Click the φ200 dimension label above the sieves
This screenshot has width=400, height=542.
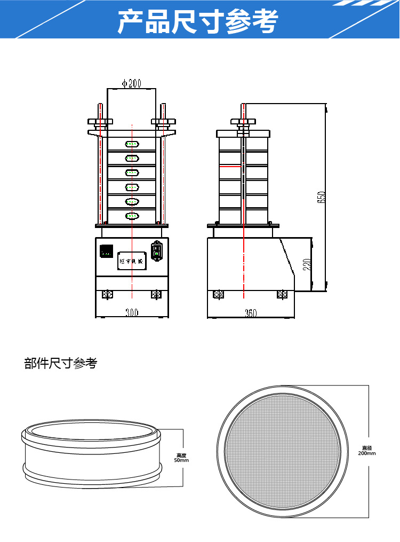(131, 83)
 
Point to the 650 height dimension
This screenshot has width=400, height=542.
(321, 197)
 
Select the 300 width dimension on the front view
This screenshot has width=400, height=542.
(132, 313)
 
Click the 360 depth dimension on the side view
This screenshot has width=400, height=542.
(251, 313)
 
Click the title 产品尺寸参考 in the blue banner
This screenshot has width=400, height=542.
(198, 21)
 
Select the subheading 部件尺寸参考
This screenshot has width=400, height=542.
(61, 364)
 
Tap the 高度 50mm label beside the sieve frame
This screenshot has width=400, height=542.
(182, 458)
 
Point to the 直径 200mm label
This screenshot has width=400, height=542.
(367, 450)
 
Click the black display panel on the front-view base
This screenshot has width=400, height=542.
(107, 250)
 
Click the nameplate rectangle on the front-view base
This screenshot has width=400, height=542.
(132, 261)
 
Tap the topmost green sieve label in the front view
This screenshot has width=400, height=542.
(132, 144)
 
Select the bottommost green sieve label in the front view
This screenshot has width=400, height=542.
(132, 216)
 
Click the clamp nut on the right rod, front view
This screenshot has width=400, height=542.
(163, 122)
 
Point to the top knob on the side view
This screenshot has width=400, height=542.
(244, 122)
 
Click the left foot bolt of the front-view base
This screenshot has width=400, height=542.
(107, 294)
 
